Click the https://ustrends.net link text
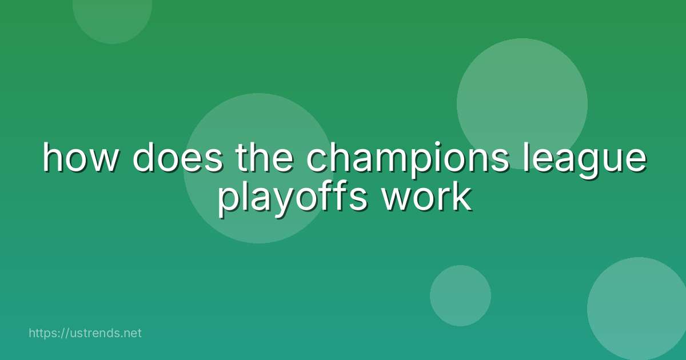point(85,333)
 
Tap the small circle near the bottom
point(460,295)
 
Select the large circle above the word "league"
point(522,97)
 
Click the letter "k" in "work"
point(464,198)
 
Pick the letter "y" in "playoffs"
point(269,202)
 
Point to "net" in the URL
point(132,333)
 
